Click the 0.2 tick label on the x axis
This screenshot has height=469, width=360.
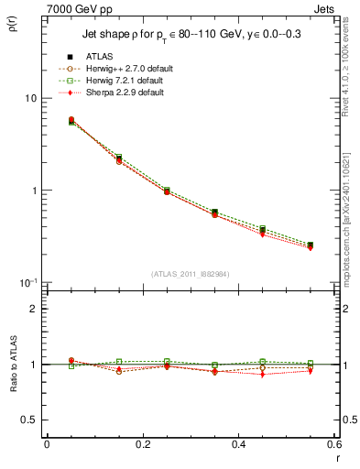pos(141,444)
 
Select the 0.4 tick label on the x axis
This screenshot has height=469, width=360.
pos(237,444)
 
